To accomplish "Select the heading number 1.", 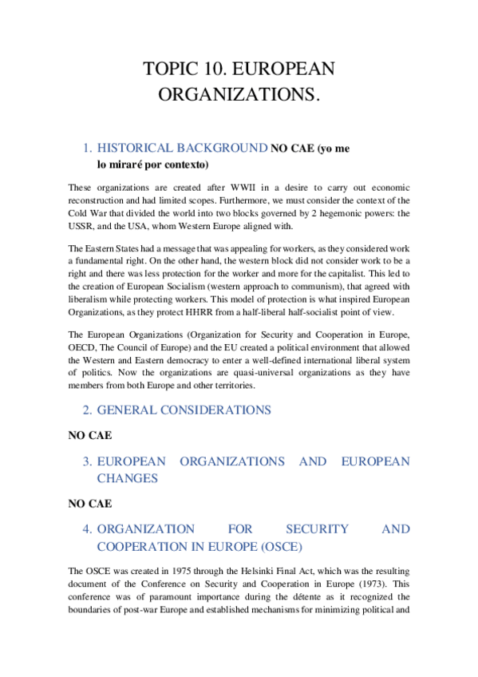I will click(x=88, y=148).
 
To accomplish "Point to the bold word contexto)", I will click(x=184, y=164).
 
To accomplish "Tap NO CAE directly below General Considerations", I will click(x=89, y=436).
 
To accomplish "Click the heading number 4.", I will click(x=88, y=529).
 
